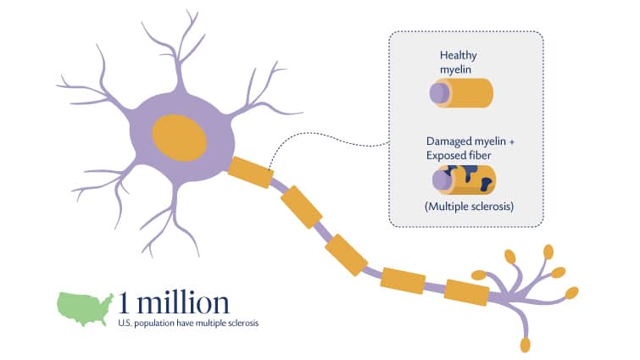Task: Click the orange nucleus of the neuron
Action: coord(179,138)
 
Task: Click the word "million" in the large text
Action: coord(183,303)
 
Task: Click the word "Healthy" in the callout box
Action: coord(459,55)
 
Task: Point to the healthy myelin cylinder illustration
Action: coord(461,93)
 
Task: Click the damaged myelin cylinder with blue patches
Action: coord(464,180)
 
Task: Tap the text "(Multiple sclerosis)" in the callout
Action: coord(469,207)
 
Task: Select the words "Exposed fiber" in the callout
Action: coord(459,155)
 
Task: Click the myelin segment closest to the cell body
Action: coord(251,173)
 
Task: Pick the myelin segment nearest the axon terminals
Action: coord(466,292)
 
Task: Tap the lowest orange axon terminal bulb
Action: coord(526,345)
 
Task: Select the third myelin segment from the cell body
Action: coord(346,255)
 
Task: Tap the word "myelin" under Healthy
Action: coord(455,69)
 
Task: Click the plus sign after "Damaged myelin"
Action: coord(512,141)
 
